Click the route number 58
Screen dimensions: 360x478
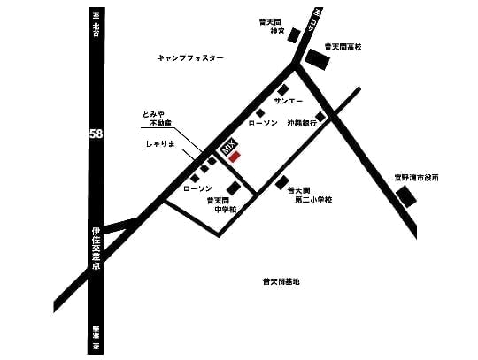pos(95,134)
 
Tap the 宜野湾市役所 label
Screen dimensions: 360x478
pos(416,178)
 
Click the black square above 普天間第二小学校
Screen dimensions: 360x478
pos(283,184)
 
